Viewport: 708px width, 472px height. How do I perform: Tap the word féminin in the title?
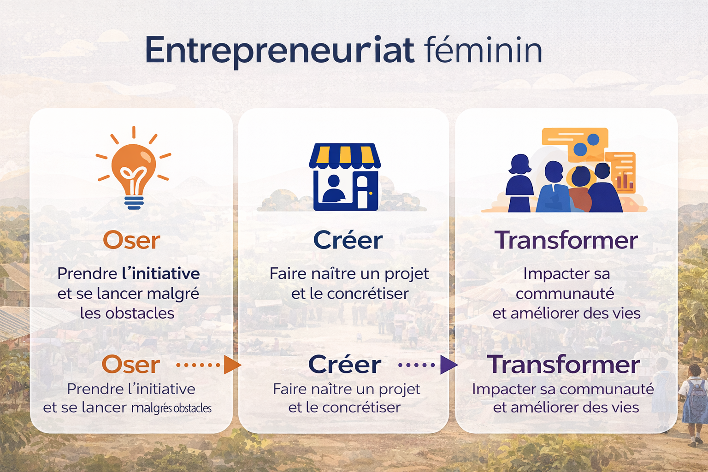click(484, 49)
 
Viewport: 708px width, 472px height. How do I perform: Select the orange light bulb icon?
click(134, 168)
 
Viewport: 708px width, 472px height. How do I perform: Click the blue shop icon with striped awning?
click(345, 177)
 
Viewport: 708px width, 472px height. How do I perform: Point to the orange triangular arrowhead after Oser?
click(232, 365)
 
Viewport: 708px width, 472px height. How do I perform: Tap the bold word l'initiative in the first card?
click(161, 273)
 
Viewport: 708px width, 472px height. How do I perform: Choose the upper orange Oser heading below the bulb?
click(132, 241)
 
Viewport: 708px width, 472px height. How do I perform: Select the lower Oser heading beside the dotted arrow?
click(131, 365)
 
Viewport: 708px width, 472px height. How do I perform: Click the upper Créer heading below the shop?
click(348, 240)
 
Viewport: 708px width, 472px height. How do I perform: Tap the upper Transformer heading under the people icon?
click(566, 240)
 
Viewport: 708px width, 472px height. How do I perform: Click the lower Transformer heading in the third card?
click(564, 364)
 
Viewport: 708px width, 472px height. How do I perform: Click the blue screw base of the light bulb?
click(134, 202)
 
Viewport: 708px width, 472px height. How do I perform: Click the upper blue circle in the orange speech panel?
click(593, 139)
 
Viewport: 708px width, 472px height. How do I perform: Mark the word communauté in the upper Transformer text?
click(565, 294)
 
